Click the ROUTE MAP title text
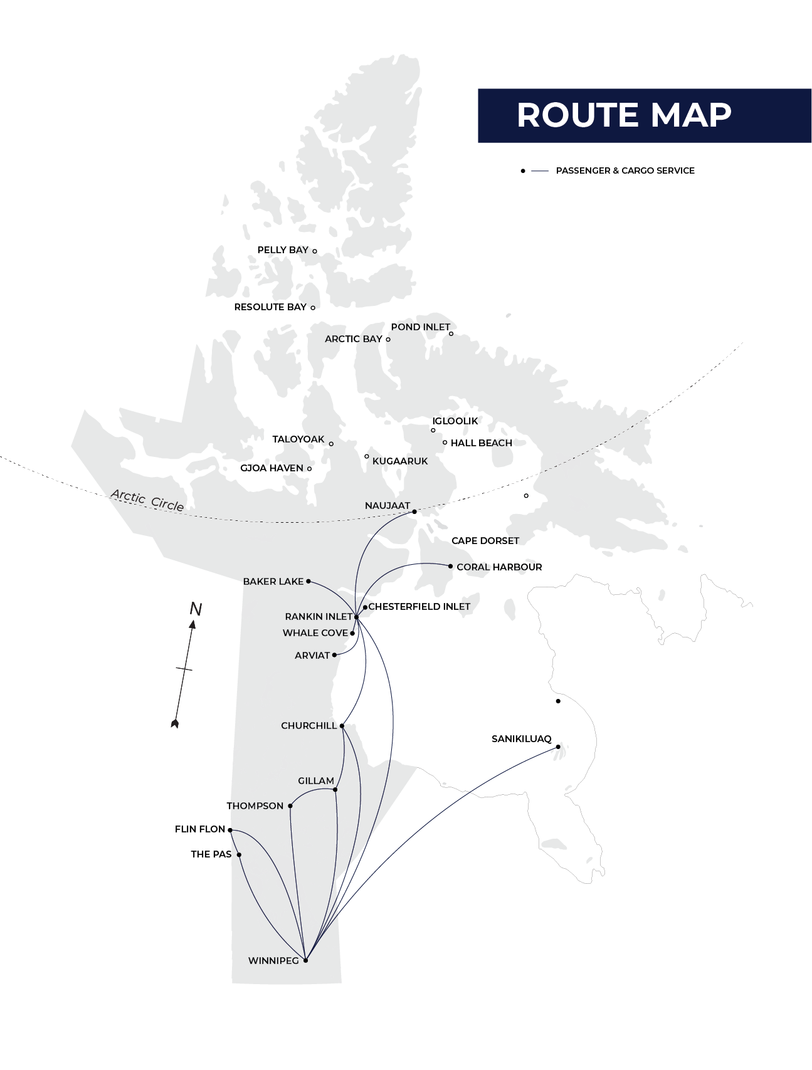click(x=624, y=115)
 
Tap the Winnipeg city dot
click(x=305, y=960)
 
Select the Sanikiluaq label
click(x=521, y=739)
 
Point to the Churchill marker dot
click(x=342, y=726)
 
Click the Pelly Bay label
click(x=283, y=250)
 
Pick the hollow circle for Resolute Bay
click(x=313, y=308)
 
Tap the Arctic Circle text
click(x=147, y=500)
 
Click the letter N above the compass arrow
click(x=196, y=609)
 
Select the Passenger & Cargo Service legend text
click(x=625, y=170)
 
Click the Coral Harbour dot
click(x=450, y=566)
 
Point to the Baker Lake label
click(x=273, y=582)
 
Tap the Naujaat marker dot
click(x=414, y=512)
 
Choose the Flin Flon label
click(x=199, y=829)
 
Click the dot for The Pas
click(x=239, y=854)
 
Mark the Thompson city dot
click(x=290, y=806)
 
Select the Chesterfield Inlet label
click(x=419, y=607)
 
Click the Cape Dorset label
click(x=485, y=541)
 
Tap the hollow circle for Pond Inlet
click(x=451, y=333)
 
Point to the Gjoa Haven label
click(x=272, y=468)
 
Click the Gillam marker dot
click(x=335, y=790)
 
